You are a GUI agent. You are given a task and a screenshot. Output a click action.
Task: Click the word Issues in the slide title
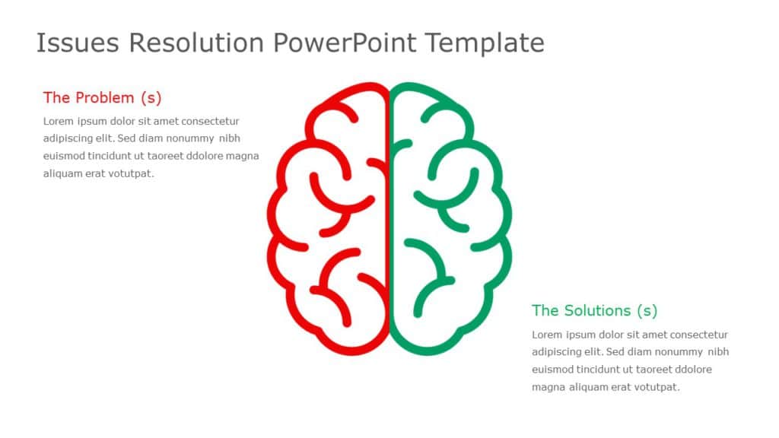78,43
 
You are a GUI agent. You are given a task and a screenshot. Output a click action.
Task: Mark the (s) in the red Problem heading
151,97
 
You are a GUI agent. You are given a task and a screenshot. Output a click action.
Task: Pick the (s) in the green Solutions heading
646,310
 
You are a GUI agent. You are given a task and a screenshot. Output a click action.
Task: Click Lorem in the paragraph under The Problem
59,121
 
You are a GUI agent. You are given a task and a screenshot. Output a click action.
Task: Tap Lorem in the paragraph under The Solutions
547,335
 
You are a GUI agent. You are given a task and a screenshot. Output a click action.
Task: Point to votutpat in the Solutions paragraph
656,387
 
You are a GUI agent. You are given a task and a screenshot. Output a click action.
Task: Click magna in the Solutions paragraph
547,387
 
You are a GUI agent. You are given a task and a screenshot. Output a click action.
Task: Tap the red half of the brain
327,221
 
